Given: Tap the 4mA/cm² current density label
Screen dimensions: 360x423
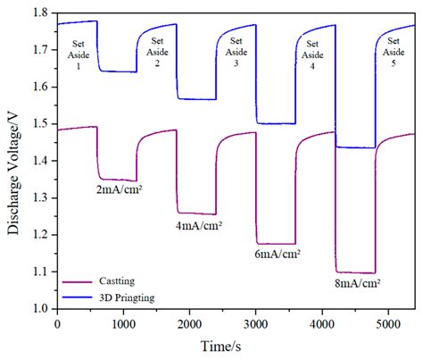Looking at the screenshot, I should pos(198,226).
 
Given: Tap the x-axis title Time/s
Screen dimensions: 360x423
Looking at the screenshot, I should pos(235,347).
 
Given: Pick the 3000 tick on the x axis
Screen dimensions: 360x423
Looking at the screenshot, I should pos(256,322).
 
